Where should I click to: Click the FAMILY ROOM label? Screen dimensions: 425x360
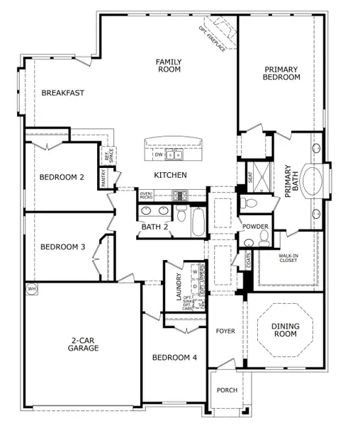(x=169, y=66)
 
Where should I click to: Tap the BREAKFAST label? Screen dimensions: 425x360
(x=63, y=93)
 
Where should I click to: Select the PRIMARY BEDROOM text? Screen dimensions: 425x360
(x=282, y=73)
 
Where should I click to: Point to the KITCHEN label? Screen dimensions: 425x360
(x=171, y=174)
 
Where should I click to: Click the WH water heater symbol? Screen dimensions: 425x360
(x=31, y=289)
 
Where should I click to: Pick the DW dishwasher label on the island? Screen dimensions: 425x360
(x=159, y=154)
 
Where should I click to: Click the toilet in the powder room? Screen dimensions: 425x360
(x=263, y=241)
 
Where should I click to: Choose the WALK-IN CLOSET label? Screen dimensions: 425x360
(x=288, y=258)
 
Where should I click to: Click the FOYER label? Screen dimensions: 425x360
(x=225, y=330)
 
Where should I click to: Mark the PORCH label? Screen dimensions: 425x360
(x=227, y=390)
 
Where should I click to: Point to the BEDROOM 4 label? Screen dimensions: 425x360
(x=174, y=358)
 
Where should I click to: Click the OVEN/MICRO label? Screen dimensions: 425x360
(x=147, y=194)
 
